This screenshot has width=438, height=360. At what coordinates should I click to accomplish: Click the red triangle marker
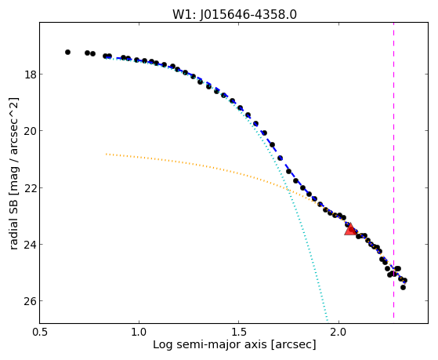[x=350, y=229]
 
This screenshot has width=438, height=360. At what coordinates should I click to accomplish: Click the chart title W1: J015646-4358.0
[x=234, y=15]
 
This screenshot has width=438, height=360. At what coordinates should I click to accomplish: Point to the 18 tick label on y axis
[x=30, y=75]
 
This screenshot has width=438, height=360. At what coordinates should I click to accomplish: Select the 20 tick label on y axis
[x=30, y=131]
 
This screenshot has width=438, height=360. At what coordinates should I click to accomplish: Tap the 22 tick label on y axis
[x=30, y=188]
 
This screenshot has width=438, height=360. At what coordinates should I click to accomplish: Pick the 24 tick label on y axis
[x=30, y=245]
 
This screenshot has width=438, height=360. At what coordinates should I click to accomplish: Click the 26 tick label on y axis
[x=30, y=301]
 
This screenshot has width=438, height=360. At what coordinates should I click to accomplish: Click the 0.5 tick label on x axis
[x=40, y=333]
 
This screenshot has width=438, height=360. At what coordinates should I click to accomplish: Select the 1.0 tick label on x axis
[x=139, y=333]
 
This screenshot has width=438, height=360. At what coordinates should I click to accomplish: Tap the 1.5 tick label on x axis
[x=238, y=333]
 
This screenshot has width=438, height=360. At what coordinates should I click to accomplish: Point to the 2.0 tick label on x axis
[x=338, y=333]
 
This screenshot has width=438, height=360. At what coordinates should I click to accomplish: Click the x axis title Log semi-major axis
[x=209, y=345]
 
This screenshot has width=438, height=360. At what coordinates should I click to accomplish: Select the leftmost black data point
[x=67, y=52]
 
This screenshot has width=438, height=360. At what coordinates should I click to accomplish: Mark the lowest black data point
[x=403, y=287]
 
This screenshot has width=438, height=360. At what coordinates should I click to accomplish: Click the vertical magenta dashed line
[x=393, y=170]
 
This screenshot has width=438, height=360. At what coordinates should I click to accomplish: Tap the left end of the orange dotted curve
[x=106, y=154]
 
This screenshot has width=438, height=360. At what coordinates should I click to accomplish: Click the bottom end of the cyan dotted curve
[x=327, y=320]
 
